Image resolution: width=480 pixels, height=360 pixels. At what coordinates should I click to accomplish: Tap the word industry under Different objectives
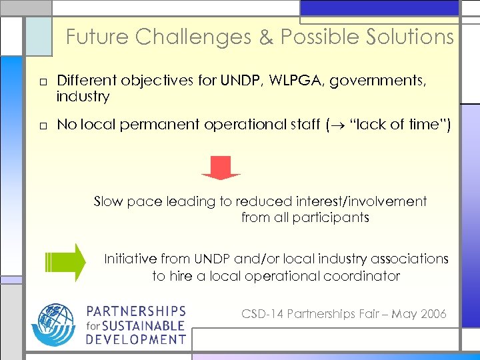[83, 97]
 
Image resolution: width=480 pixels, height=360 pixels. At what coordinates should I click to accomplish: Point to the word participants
[335, 217]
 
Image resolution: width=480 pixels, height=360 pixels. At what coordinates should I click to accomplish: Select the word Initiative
[130, 259]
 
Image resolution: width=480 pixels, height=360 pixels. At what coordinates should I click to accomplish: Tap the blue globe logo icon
[54, 325]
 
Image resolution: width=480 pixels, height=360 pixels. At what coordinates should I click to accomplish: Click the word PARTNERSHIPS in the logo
[137, 311]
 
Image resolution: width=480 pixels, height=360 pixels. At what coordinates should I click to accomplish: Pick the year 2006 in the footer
[433, 314]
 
